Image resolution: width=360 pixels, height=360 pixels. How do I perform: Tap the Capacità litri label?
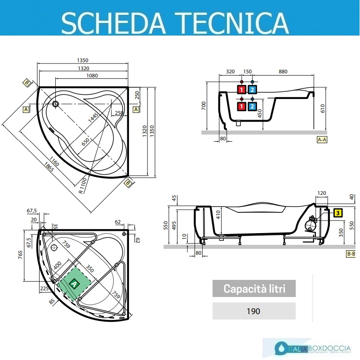tap(254, 288)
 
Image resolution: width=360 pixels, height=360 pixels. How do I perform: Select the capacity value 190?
tap(254, 311)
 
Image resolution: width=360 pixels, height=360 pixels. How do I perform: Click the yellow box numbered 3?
tap(337, 213)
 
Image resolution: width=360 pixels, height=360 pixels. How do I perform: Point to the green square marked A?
tap(75, 283)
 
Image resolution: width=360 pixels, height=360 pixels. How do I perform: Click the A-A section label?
tap(322, 139)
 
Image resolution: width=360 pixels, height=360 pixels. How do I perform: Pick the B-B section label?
tap(351, 254)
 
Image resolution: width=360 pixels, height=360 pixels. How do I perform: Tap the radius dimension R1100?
tap(82, 185)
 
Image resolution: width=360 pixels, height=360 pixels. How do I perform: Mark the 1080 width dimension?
tap(92, 76)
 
